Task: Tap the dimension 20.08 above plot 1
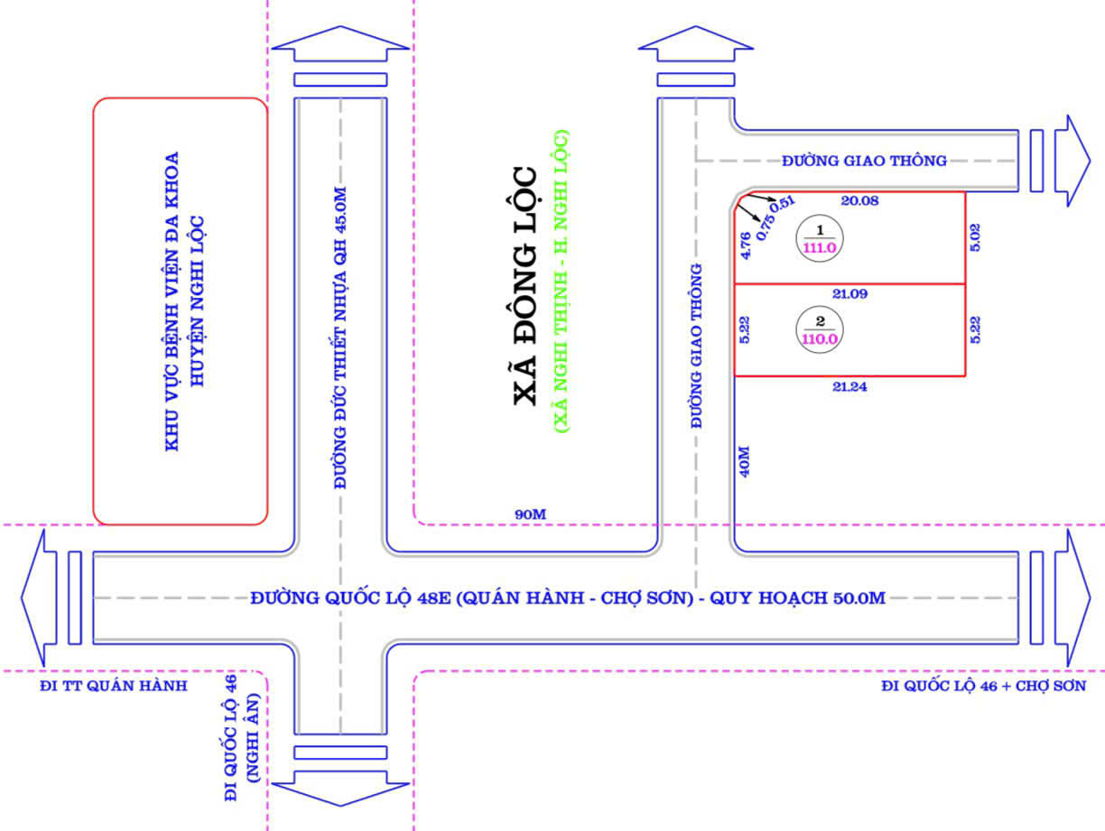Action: click(859, 200)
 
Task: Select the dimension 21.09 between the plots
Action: click(850, 293)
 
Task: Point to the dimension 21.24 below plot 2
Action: click(850, 386)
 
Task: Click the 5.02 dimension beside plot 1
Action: click(975, 237)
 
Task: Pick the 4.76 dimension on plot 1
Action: click(746, 245)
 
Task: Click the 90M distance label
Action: click(530, 514)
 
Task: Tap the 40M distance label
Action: click(744, 460)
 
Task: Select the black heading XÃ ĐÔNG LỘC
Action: click(525, 285)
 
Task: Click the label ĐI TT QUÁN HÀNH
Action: click(114, 686)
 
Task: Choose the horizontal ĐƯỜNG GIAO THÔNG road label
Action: click(864, 161)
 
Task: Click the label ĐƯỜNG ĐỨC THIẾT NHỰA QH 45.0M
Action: click(340, 337)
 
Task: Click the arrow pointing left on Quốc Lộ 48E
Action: click(39, 597)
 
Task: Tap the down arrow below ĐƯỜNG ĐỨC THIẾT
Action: click(340, 789)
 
